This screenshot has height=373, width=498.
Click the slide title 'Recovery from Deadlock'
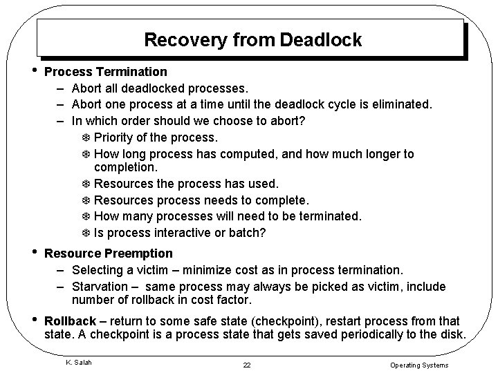coord(252,39)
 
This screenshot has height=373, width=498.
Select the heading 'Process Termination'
coord(105,72)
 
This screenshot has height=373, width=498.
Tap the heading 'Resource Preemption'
coord(108,254)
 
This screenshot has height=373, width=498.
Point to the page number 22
coord(248,364)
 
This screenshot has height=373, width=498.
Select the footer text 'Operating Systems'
coord(419,364)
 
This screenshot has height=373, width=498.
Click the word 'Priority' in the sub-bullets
coord(115,137)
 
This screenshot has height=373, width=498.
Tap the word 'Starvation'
coord(100,286)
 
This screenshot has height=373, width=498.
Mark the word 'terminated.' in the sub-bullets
coord(329,216)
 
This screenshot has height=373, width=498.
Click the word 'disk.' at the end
coord(453,335)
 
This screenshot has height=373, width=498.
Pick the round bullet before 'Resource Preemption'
coord(35,254)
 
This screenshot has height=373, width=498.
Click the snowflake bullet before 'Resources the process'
coord(85,184)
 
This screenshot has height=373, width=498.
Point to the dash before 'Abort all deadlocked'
coord(61,88)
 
